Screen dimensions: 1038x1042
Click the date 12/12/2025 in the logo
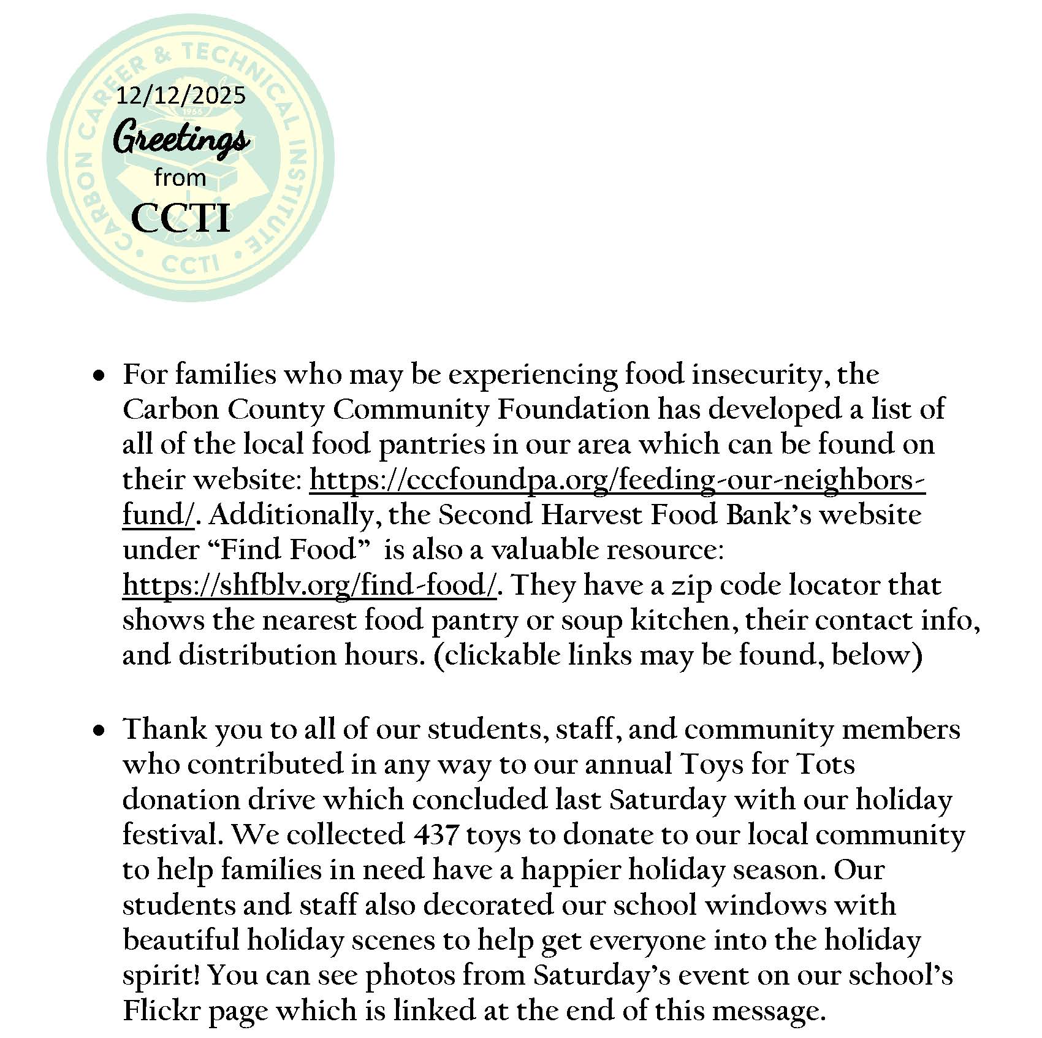[181, 96]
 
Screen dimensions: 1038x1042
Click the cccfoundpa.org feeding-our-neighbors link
[617, 480]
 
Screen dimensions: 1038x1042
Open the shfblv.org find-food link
[309, 586]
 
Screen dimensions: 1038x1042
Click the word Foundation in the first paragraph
[572, 409]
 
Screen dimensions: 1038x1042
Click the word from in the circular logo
[180, 178]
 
